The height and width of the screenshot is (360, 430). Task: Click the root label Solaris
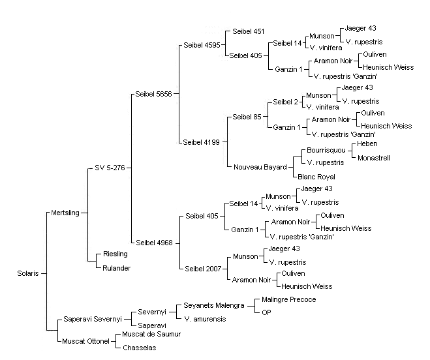[x=28, y=273]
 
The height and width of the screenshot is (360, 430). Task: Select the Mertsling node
[x=65, y=213]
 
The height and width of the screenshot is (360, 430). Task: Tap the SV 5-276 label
[x=110, y=168]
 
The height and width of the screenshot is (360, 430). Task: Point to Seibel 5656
[x=153, y=94]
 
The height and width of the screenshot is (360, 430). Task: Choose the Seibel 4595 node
[x=202, y=45]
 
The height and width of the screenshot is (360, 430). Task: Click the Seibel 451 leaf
[x=249, y=31]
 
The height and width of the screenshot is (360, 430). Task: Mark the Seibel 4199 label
[x=201, y=142]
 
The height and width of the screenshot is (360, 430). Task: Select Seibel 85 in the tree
[x=247, y=117]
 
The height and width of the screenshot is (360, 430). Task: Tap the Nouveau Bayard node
[x=260, y=167]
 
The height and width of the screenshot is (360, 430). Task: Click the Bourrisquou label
[x=326, y=150]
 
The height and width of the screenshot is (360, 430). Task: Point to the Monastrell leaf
[x=374, y=158]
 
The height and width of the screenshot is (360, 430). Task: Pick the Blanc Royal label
[x=316, y=177]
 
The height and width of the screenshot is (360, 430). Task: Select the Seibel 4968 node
[x=154, y=243]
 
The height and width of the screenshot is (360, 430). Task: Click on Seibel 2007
[x=203, y=269]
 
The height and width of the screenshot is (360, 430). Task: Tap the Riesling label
[x=115, y=254]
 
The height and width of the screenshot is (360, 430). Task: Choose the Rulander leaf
[x=116, y=268]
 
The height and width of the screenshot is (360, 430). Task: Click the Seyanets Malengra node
[x=214, y=305]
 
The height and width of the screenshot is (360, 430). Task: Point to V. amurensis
[x=205, y=319]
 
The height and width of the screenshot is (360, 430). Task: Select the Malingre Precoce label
[x=289, y=299]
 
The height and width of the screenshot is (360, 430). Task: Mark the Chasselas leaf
[x=140, y=348]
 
